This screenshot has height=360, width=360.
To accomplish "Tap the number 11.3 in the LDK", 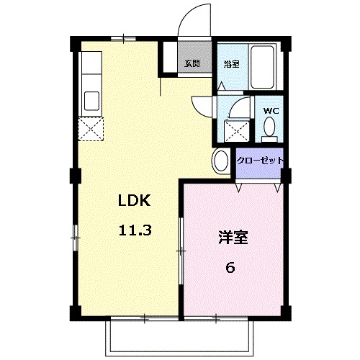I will (x=133, y=232).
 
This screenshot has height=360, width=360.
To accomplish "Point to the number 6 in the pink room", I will (x=230, y=268).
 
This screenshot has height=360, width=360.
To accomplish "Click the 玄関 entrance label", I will (x=192, y=63).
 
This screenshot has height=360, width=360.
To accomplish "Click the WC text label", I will (x=271, y=111).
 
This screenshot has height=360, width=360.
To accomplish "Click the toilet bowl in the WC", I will (x=270, y=128).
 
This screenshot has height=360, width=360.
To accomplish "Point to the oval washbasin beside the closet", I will (x=220, y=161).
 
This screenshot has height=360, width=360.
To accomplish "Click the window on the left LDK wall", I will (x=73, y=238).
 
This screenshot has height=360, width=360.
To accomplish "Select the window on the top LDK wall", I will (x=122, y=36).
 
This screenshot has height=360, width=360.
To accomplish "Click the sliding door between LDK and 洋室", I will (x=181, y=252).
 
